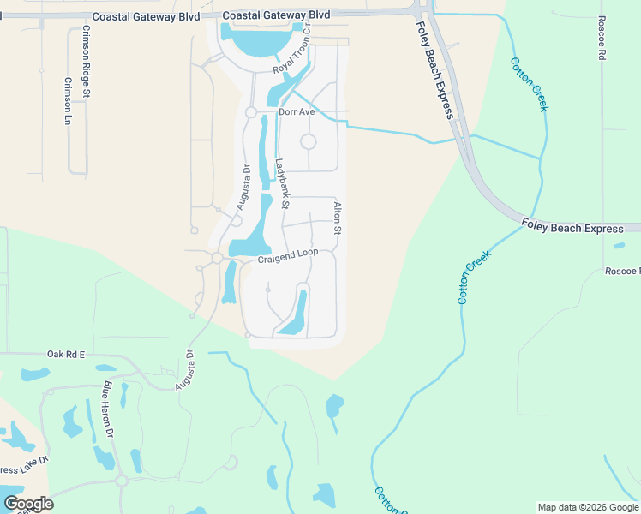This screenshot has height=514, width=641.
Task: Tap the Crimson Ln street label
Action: (68, 101)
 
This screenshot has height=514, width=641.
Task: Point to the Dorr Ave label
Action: (297, 112)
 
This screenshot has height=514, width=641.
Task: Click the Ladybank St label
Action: (283, 183)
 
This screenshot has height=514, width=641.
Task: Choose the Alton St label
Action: (338, 218)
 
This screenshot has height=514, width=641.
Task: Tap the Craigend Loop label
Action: (288, 254)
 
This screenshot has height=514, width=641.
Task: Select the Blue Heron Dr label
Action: (109, 410)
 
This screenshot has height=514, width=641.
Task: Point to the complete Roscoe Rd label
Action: (601, 39)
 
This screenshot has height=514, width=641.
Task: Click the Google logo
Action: (28, 504)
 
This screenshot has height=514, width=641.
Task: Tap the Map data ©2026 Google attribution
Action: (588, 507)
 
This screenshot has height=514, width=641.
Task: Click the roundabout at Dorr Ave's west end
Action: (251, 112)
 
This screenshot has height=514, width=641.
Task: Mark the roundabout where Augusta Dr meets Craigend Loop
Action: (218, 258)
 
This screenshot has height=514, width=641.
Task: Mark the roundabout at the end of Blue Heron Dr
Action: (122, 481)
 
